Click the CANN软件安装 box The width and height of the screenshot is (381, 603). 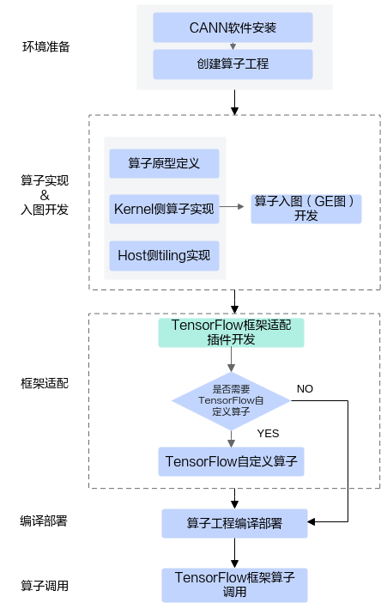pos(233,27)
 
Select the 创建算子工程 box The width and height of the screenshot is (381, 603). pos(233,64)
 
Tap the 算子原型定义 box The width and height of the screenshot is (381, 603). pos(164,163)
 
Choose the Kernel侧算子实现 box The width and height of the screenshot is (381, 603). pos(164,209)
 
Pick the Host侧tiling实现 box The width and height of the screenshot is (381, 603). pos(164,255)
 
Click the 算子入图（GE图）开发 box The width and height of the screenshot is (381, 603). pos(305,208)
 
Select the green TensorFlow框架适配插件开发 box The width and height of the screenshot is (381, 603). pos(232,332)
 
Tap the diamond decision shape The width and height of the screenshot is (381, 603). pos(231,400)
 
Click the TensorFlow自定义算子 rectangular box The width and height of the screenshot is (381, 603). pos(232,461)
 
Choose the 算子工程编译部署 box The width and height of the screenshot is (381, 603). pos(233,522)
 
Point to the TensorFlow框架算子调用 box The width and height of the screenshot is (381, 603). pos(233,584)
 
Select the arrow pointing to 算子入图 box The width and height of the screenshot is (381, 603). pos(234,207)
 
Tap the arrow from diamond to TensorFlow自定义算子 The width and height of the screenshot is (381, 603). pos(232,438)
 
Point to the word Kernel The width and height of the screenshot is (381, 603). pos(132,209)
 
